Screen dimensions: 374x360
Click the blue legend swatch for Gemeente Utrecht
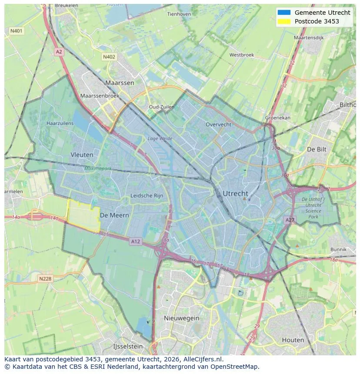click(x=283, y=13)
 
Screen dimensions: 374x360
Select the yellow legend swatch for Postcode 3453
click(x=283, y=21)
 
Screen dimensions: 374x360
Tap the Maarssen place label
click(x=120, y=83)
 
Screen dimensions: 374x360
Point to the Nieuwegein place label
click(x=181, y=318)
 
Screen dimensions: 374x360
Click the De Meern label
click(x=114, y=215)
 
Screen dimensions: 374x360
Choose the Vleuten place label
click(x=82, y=155)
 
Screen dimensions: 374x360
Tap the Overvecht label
click(x=219, y=124)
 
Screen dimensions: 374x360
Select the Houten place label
click(x=293, y=340)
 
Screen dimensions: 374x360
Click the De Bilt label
click(x=316, y=149)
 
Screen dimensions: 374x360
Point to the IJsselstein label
click(x=128, y=346)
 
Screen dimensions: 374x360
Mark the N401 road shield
click(x=17, y=31)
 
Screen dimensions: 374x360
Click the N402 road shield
click(x=109, y=57)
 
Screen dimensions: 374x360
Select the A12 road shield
click(x=135, y=241)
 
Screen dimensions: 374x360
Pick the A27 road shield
click(x=290, y=221)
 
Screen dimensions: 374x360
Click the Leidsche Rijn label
click(x=147, y=196)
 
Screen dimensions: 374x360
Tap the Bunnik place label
click(x=338, y=249)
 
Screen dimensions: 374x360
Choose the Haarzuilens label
click(x=60, y=123)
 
